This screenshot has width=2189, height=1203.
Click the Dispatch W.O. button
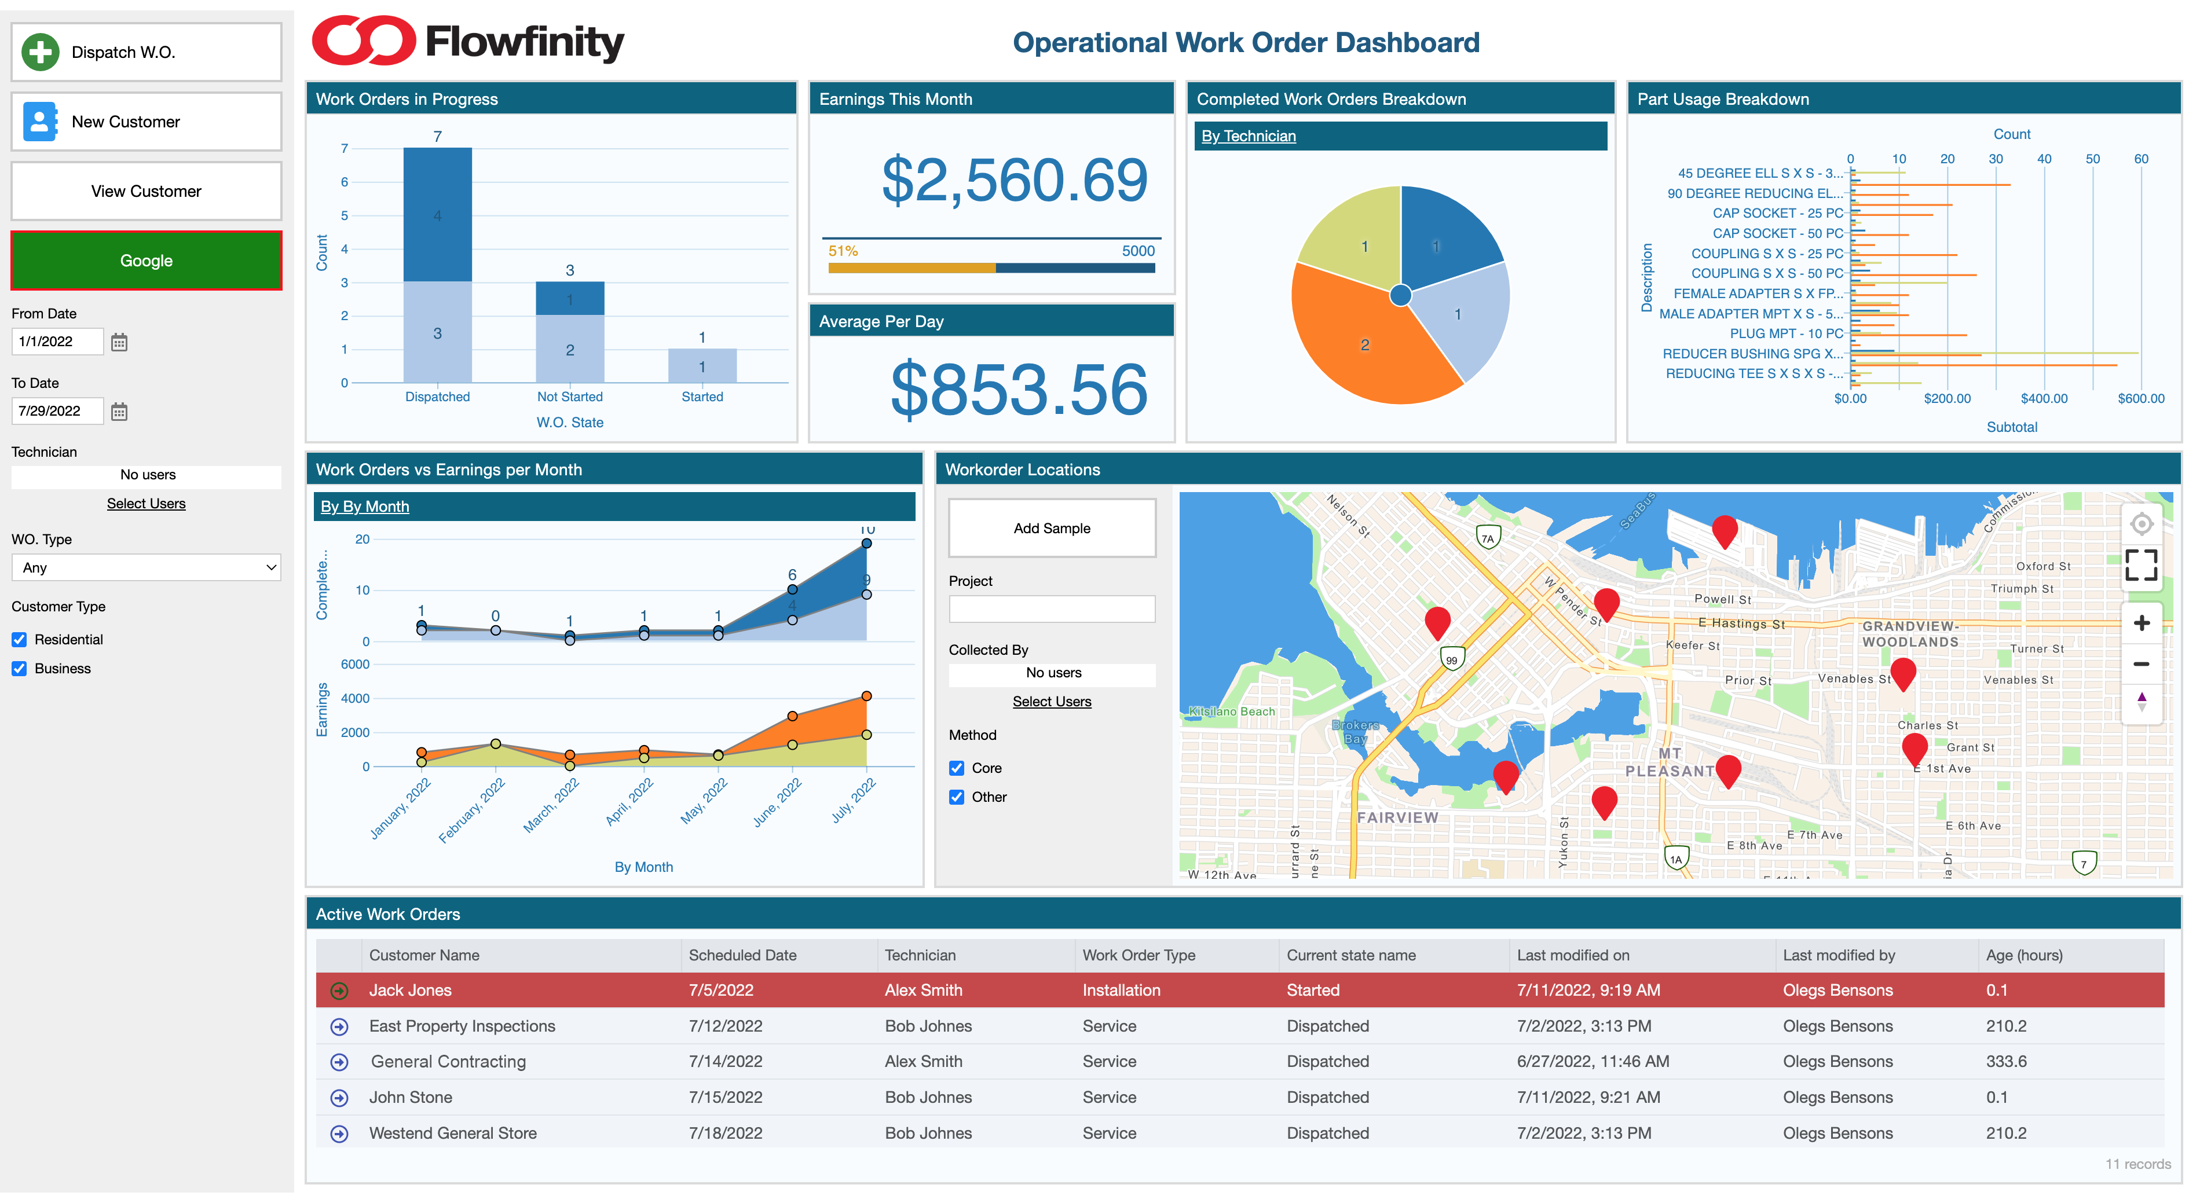[x=146, y=53]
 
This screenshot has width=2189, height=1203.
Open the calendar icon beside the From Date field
[x=119, y=342]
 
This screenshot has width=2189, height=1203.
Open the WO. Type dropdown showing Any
[x=146, y=567]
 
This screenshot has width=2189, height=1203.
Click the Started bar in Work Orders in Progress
[x=702, y=365]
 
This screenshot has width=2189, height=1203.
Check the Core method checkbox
[x=957, y=768]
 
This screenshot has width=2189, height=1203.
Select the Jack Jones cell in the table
[x=411, y=991]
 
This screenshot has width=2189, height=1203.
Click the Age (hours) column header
[x=2023, y=955]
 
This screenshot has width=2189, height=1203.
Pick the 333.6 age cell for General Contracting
[x=2005, y=1062]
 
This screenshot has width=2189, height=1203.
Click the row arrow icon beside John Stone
[x=339, y=1098]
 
